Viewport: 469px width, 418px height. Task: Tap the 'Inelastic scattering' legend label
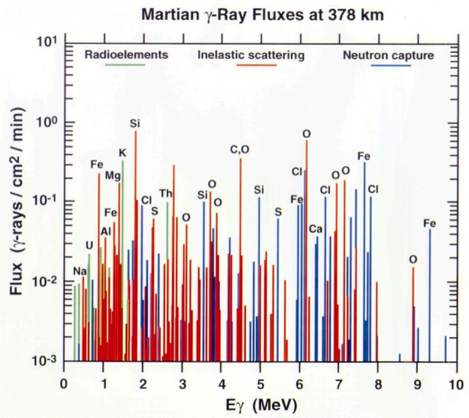point(251,55)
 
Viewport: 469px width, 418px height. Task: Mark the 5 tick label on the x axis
point(260,385)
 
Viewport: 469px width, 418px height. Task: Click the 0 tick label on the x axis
point(64,385)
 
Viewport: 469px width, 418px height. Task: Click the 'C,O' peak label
point(239,150)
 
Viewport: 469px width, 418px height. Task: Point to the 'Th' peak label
point(165,194)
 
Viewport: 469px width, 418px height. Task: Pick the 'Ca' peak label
point(316,230)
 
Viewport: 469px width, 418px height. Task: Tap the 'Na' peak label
point(80,271)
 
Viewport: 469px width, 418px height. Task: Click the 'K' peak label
point(122,153)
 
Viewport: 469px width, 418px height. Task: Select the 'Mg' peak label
point(113,176)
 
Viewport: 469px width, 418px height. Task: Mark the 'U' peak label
point(89,245)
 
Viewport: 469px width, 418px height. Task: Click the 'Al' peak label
point(105,232)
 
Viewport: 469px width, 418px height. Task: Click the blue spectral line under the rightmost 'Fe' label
point(429,295)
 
